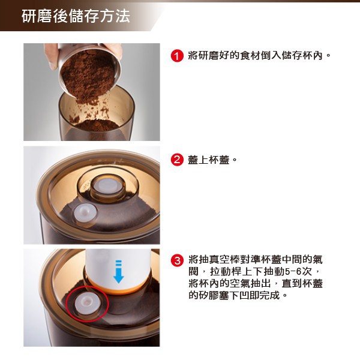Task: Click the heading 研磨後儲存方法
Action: (76, 16)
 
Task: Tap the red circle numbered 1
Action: (177, 56)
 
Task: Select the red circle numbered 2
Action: (177, 160)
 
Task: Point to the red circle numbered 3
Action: (177, 260)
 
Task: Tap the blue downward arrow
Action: (118, 271)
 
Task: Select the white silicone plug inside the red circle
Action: (88, 303)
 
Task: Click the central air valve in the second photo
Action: (108, 186)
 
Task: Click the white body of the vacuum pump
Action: (118, 268)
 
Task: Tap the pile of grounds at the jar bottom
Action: (97, 125)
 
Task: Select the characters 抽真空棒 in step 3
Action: (220, 259)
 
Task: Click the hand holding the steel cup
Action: (52, 55)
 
